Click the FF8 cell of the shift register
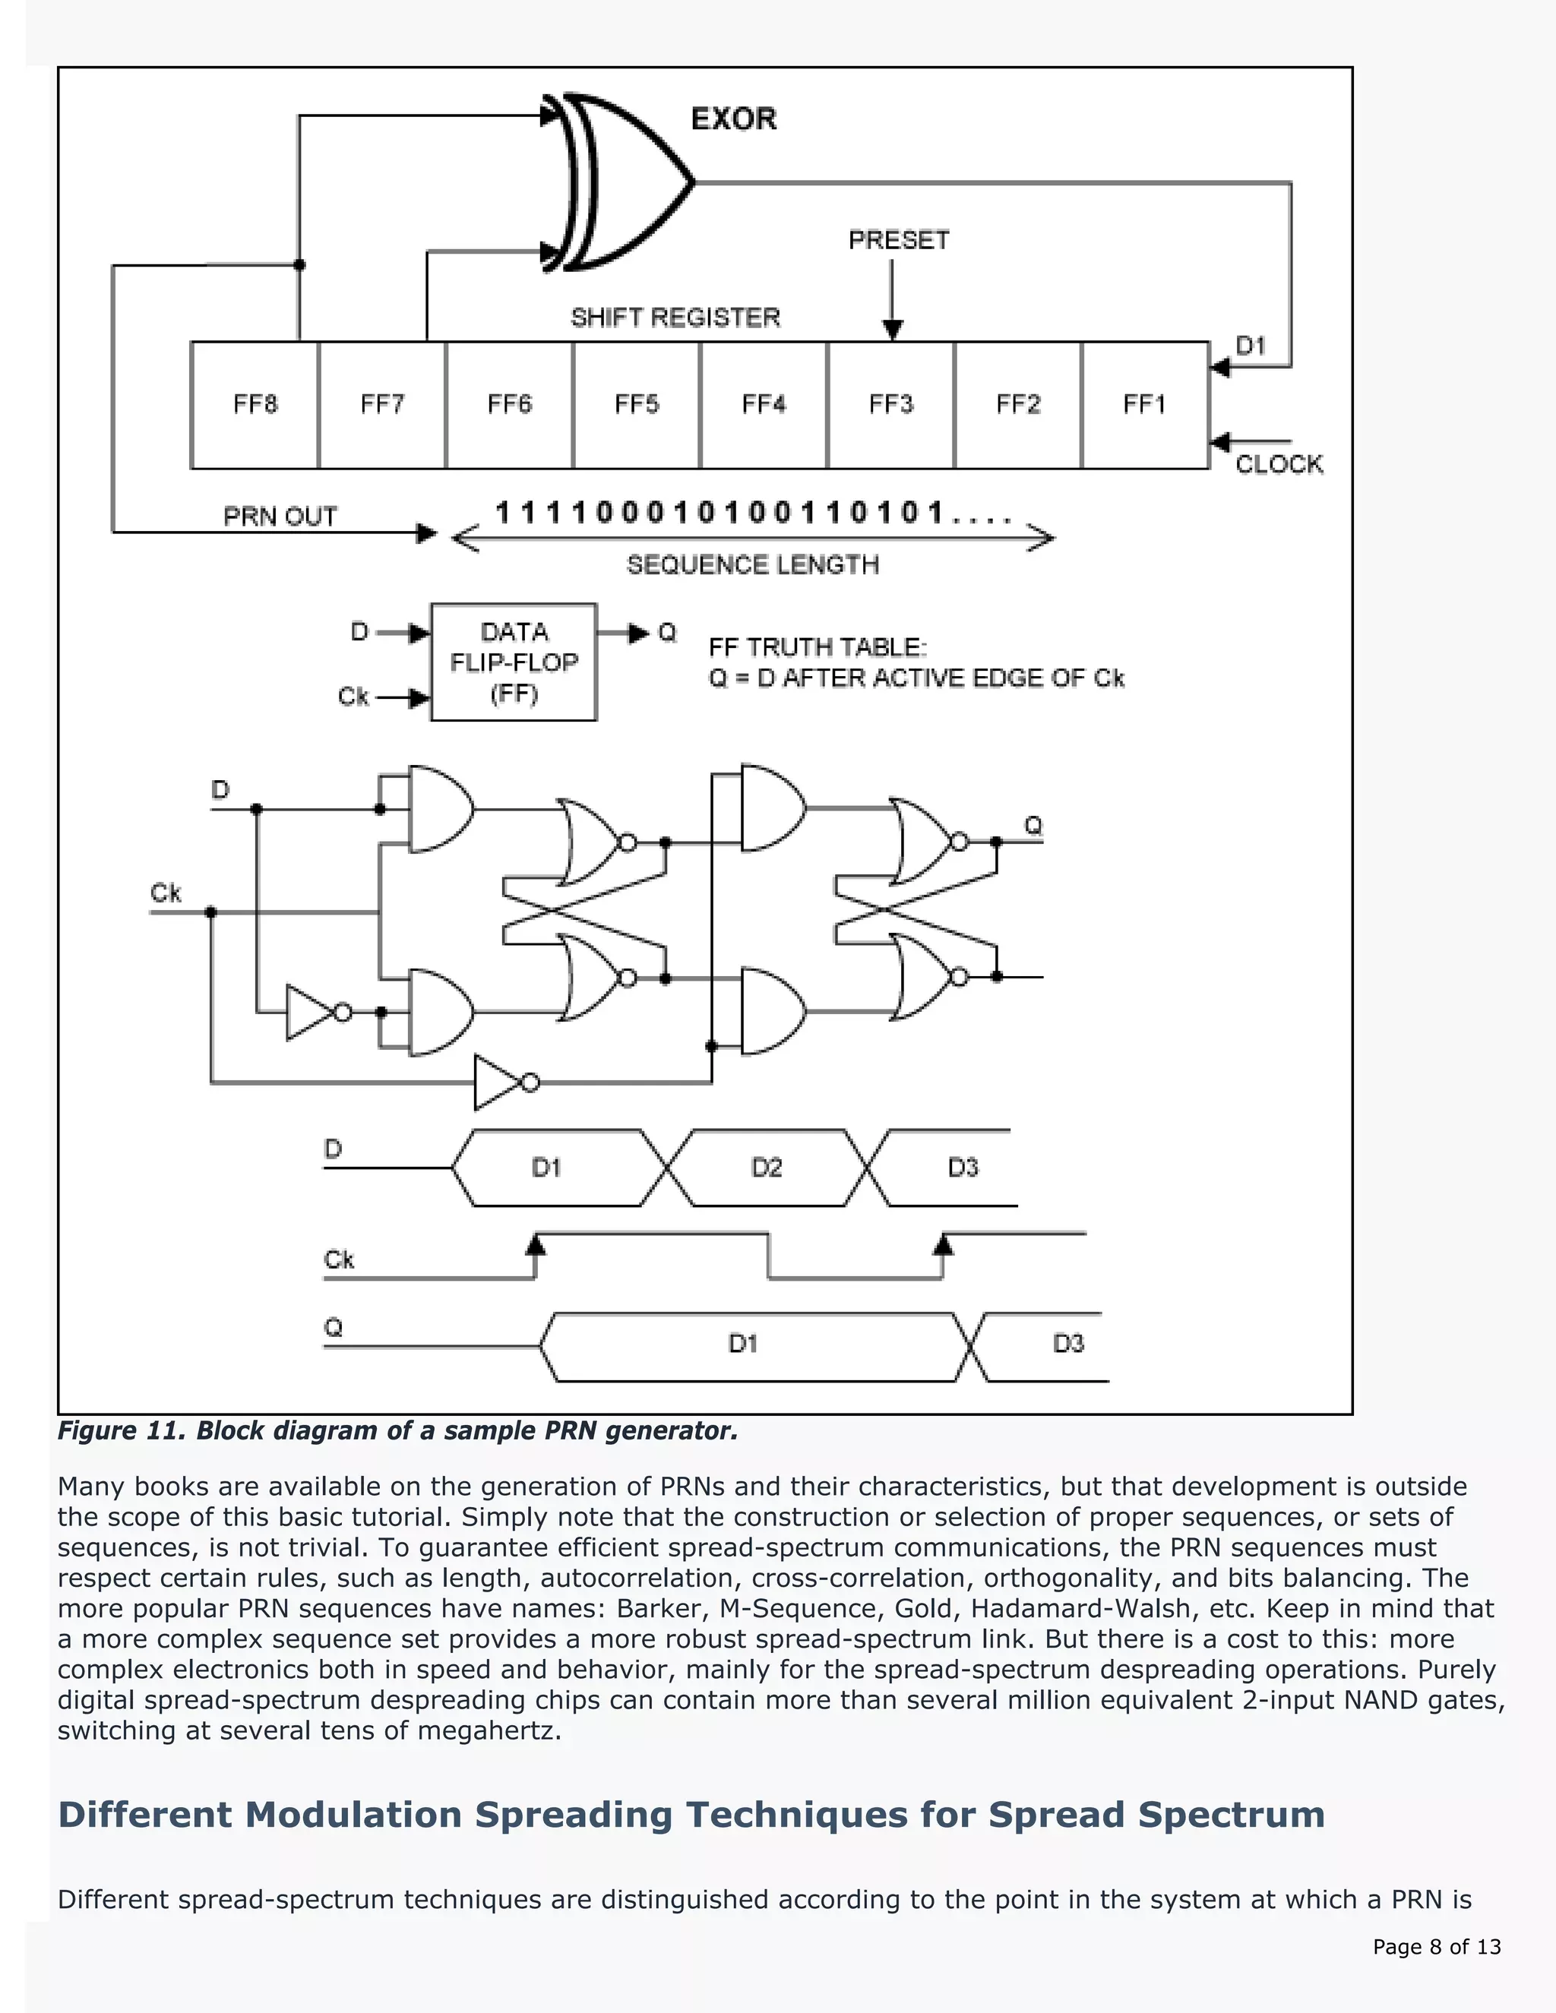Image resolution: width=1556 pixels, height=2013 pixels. click(x=255, y=405)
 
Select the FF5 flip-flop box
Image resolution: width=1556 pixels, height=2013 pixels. click(x=636, y=405)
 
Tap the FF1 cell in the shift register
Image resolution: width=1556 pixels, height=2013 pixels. click(x=1145, y=405)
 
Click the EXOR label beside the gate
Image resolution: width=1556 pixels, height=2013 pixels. click(x=734, y=119)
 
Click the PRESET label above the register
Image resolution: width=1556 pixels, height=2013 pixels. click(x=899, y=241)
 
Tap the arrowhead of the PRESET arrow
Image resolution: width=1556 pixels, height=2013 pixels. click(x=892, y=329)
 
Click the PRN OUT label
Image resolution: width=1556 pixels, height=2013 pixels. click(x=280, y=516)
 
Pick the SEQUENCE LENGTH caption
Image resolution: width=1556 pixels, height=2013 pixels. click(x=752, y=564)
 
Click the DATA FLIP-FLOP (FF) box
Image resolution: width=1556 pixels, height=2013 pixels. click(x=514, y=662)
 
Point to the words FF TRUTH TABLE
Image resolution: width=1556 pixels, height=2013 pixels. click(x=816, y=647)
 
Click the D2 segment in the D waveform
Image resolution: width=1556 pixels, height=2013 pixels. click(x=766, y=1168)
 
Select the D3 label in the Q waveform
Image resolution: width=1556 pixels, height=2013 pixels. click(x=1067, y=1343)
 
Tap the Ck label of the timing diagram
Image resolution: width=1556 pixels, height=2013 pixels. click(x=338, y=1260)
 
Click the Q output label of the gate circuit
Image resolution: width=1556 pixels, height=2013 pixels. click(x=1033, y=825)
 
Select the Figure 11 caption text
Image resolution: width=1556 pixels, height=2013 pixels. click(x=397, y=1430)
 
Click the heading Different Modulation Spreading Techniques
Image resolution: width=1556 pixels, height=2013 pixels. click(x=691, y=1814)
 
